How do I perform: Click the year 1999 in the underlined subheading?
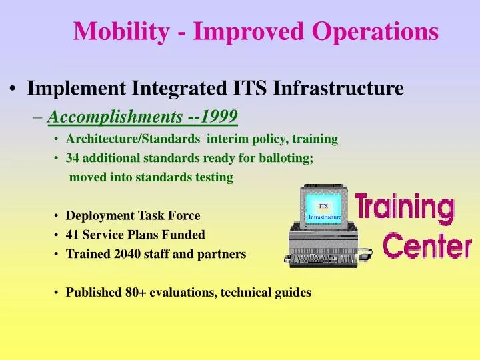point(221,117)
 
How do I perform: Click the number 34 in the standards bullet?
point(72,159)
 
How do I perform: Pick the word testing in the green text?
point(214,177)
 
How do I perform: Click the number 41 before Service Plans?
point(72,235)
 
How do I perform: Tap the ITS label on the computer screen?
point(323,206)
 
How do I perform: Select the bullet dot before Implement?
point(13,89)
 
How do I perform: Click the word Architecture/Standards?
point(117,140)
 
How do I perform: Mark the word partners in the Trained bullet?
point(225,254)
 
